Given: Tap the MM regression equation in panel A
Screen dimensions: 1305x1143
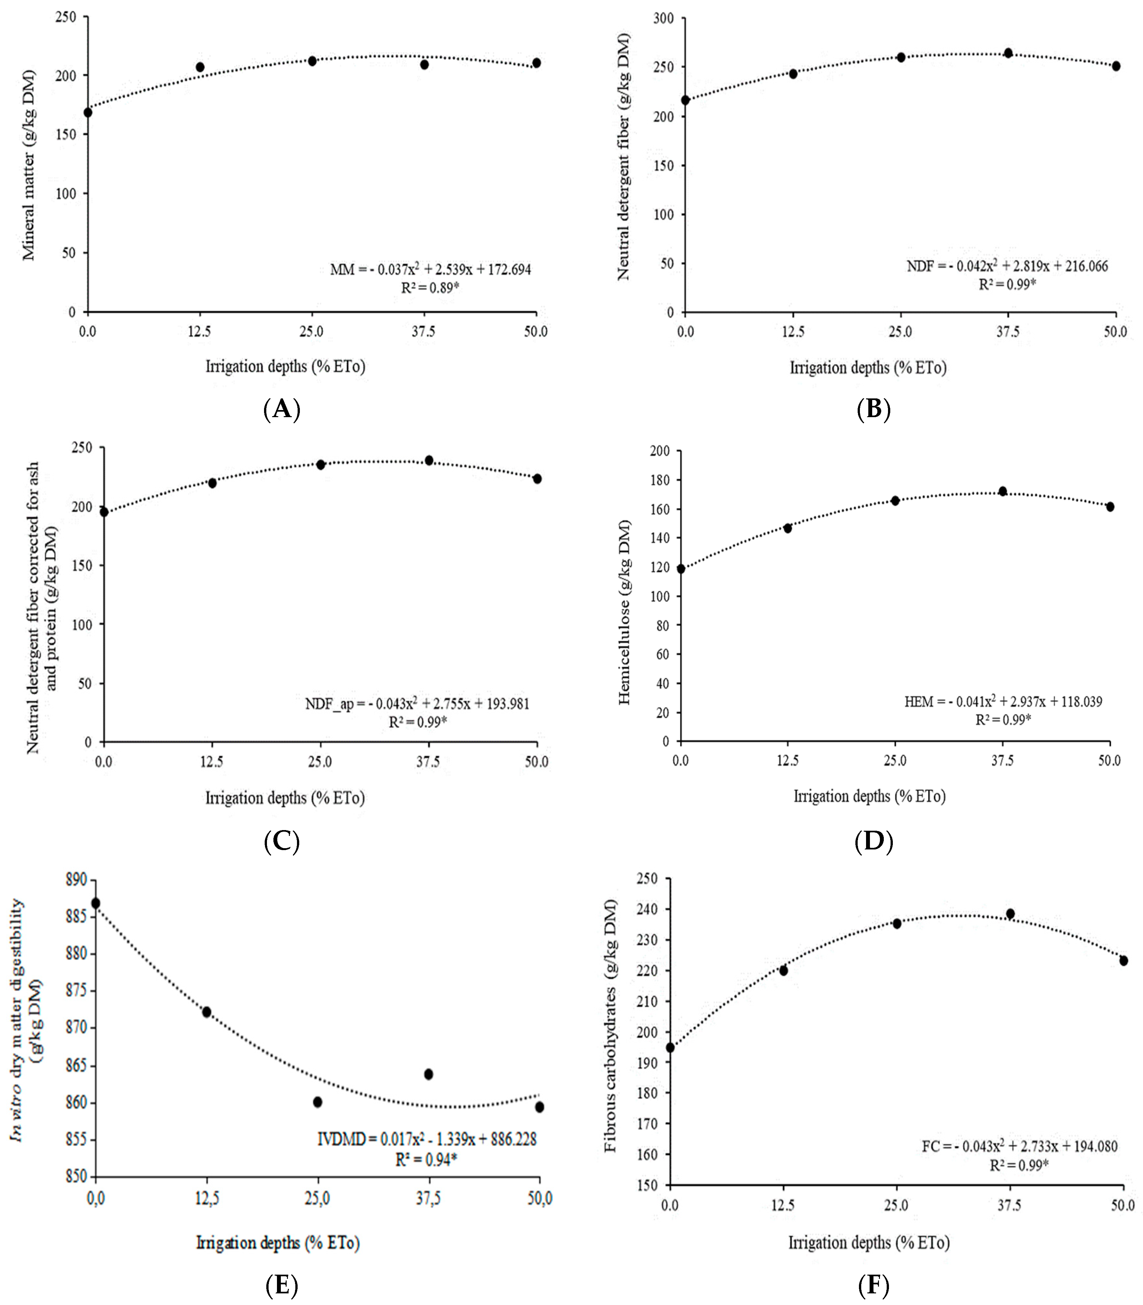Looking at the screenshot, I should pos(431,269).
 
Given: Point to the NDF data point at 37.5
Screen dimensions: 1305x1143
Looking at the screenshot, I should pos(1008,53).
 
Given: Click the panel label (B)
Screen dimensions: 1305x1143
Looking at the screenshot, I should pos(873,409).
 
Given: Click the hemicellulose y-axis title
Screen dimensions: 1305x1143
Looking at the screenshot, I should pos(625,612).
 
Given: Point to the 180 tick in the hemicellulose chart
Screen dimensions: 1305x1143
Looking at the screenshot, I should pos(661,480).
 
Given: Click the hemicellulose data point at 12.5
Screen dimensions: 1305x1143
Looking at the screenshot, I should pos(788,528).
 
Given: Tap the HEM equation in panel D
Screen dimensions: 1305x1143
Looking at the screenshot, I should pos(1003,702).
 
